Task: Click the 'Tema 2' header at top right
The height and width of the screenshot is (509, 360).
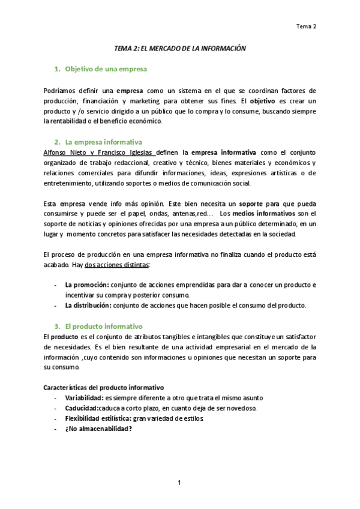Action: pos(307,26)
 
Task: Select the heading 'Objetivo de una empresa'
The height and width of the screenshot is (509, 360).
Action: pos(106,70)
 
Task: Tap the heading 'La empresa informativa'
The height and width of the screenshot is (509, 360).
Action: pos(103,142)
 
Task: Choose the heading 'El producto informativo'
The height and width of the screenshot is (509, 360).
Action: pos(103,326)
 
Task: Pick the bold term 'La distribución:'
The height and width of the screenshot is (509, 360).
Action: pos(88,305)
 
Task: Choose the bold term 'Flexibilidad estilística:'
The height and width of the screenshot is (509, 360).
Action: pos(98,418)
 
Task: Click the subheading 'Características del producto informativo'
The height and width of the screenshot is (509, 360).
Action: pos(104,387)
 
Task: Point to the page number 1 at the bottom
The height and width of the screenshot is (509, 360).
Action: pos(179,483)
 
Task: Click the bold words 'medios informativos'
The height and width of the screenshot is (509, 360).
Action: pos(263,214)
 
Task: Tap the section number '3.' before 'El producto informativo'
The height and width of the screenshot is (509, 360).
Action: pos(58,326)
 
